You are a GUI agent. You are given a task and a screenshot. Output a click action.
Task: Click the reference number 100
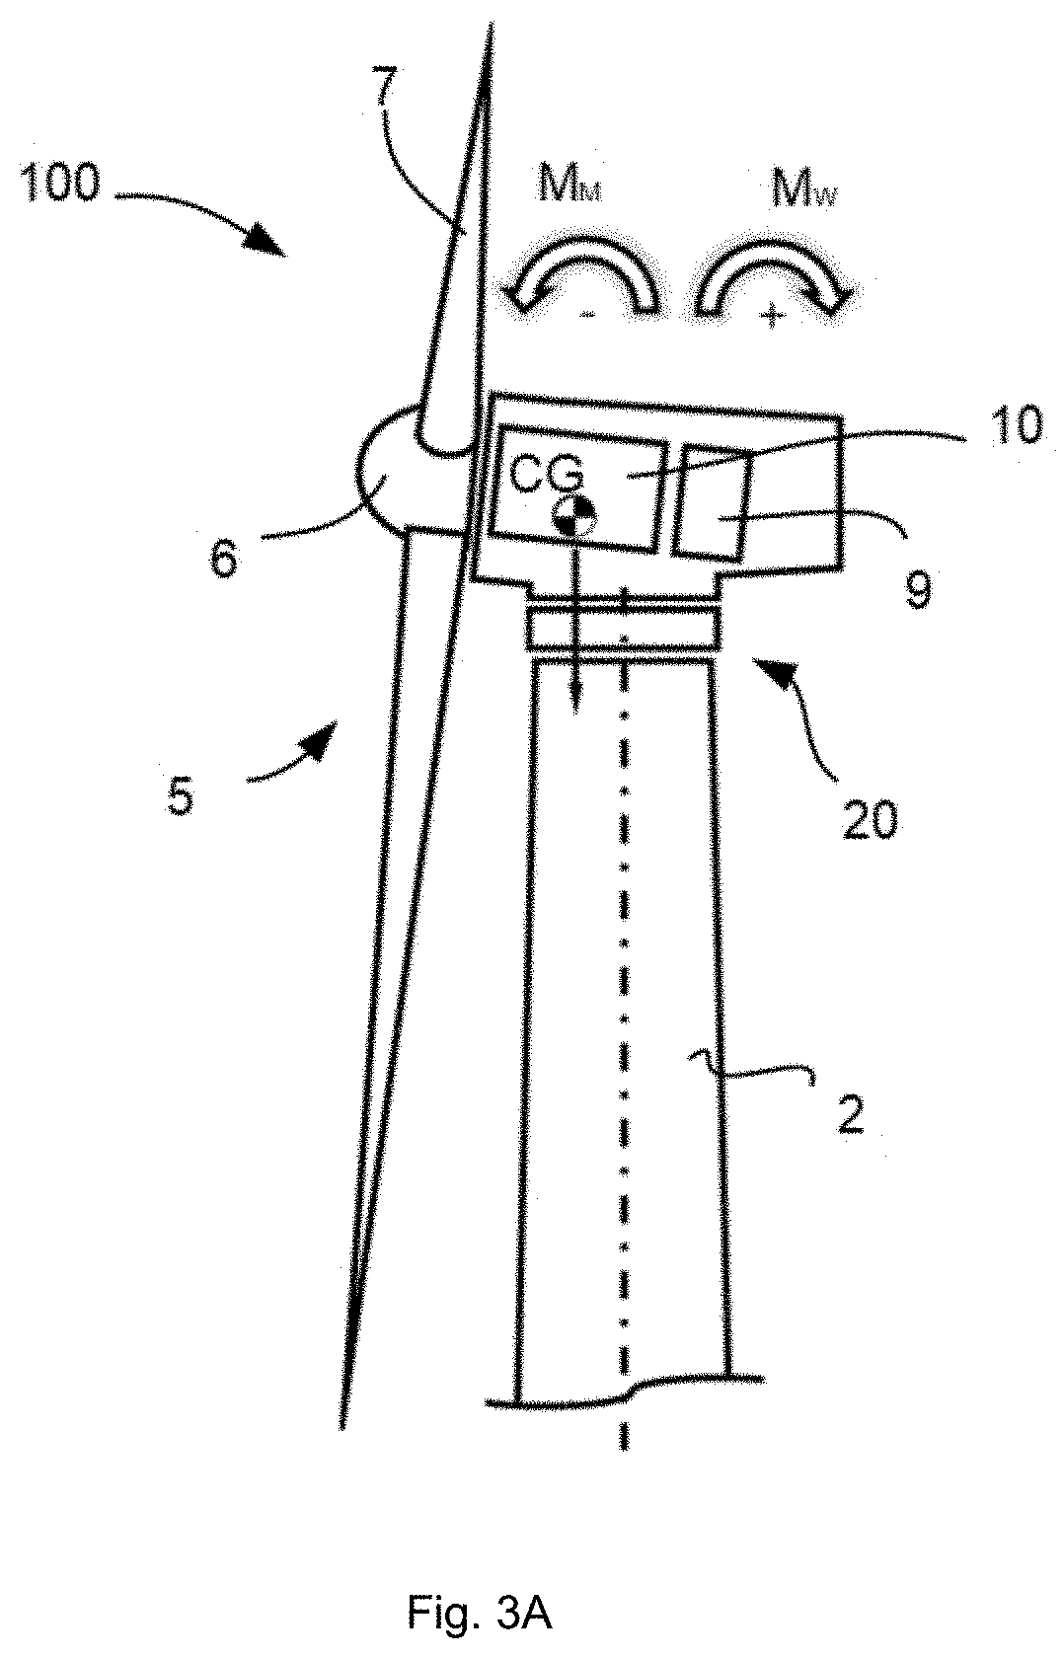(x=58, y=185)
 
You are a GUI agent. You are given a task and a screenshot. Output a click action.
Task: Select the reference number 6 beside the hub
(x=224, y=561)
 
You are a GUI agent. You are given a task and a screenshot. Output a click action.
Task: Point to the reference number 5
(x=180, y=795)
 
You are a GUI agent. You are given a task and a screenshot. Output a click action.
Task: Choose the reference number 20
(x=869, y=818)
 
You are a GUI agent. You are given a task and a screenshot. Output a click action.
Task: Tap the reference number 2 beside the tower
(x=849, y=1114)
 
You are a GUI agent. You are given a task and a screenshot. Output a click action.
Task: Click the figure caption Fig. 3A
(x=479, y=1612)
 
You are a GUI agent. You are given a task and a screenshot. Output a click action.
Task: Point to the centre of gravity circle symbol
(x=574, y=515)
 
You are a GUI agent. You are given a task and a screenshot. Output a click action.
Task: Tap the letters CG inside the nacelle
(x=548, y=475)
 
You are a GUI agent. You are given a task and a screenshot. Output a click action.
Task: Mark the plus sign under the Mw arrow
(x=773, y=316)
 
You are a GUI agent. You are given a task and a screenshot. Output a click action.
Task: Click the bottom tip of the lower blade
(x=342, y=1426)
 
